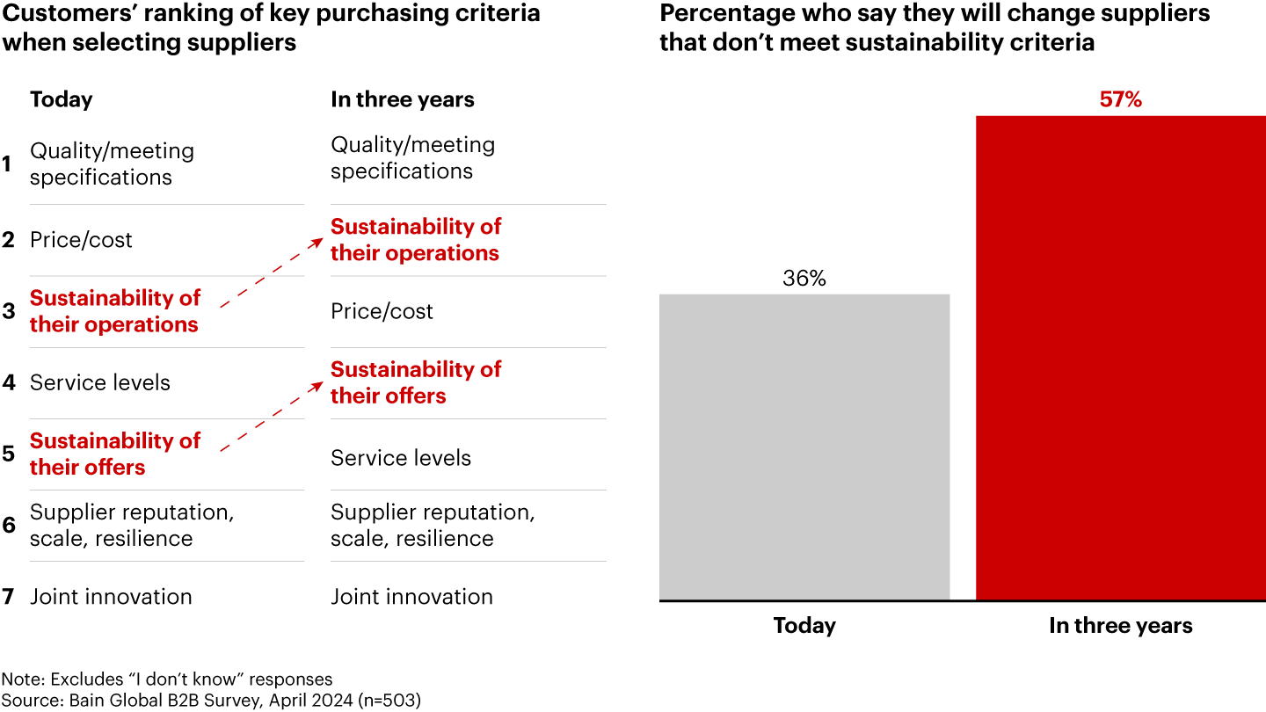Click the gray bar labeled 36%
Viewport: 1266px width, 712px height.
tap(804, 447)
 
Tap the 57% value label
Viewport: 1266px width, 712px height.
tap(1121, 100)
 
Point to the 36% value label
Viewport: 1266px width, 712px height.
tap(804, 279)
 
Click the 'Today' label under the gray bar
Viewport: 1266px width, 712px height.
tap(804, 626)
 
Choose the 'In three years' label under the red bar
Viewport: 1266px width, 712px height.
tap(1121, 626)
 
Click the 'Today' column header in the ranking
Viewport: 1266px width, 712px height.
tap(61, 99)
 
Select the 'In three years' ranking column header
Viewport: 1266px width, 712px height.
tap(402, 99)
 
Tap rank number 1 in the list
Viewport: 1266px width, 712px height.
tap(7, 164)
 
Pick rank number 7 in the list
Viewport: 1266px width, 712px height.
tap(7, 597)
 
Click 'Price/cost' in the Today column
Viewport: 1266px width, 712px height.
tap(81, 240)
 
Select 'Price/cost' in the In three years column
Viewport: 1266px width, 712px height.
tap(382, 311)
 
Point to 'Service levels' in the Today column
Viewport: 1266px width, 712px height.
tap(100, 382)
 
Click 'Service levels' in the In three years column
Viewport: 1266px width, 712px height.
tap(400, 458)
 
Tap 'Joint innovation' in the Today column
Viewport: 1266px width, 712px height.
tap(111, 597)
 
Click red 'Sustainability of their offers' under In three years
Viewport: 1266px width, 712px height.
tap(415, 382)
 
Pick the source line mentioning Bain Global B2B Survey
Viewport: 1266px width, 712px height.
tap(212, 700)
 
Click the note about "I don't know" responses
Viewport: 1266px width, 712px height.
tap(167, 679)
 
